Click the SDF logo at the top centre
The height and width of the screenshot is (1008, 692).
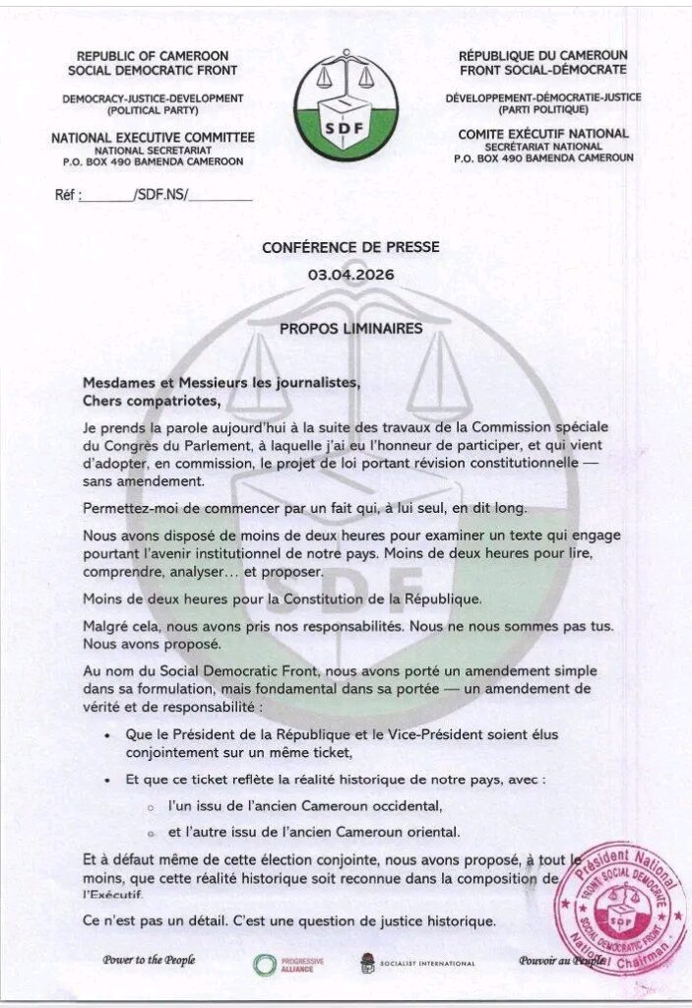(x=346, y=108)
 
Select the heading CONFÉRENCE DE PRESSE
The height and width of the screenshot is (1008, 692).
(x=350, y=248)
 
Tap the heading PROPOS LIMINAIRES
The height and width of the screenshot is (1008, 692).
(x=350, y=327)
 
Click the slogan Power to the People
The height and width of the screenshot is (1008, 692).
(x=148, y=960)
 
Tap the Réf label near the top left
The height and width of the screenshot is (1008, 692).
(x=66, y=195)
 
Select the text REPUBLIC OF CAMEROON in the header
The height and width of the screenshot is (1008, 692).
(x=153, y=56)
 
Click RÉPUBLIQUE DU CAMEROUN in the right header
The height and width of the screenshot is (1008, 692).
(x=542, y=56)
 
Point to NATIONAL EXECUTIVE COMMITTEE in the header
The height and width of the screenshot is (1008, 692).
(x=153, y=137)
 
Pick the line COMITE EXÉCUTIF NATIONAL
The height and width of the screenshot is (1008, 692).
(x=543, y=134)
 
